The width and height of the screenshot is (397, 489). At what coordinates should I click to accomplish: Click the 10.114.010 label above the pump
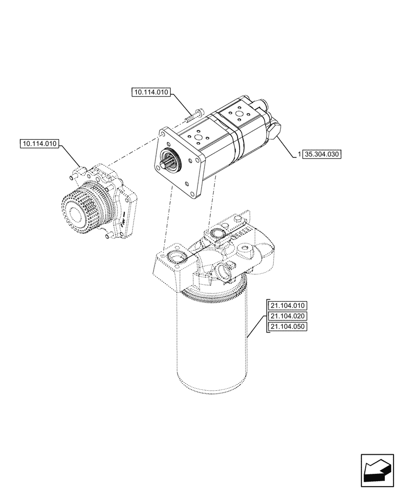150,92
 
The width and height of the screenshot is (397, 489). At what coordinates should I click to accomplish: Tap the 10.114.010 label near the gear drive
40,144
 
